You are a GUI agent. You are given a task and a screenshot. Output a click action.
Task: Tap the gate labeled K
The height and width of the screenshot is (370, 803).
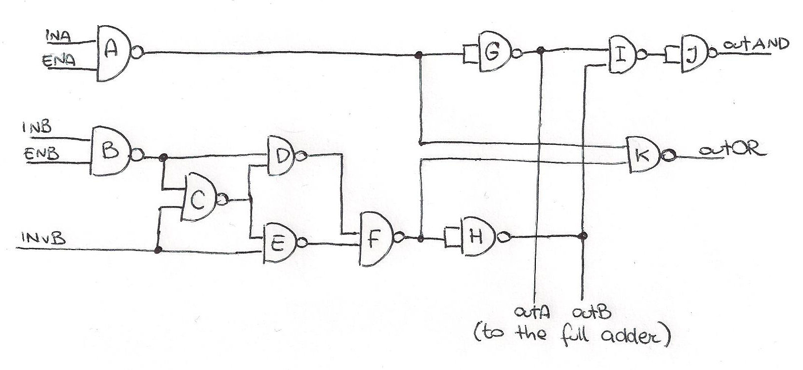tap(643, 155)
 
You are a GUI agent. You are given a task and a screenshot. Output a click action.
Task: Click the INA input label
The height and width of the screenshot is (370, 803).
tap(59, 36)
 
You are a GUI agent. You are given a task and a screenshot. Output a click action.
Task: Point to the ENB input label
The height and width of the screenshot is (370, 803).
tap(40, 153)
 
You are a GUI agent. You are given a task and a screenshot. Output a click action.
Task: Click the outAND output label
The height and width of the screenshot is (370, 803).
tap(755, 45)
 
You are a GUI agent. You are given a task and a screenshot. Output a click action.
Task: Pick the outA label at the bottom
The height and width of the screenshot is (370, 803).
tap(531, 311)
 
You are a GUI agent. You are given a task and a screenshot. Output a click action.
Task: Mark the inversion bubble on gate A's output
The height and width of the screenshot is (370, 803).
tap(137, 52)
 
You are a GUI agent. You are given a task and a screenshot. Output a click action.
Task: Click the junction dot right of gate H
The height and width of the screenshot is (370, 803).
tap(583, 235)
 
